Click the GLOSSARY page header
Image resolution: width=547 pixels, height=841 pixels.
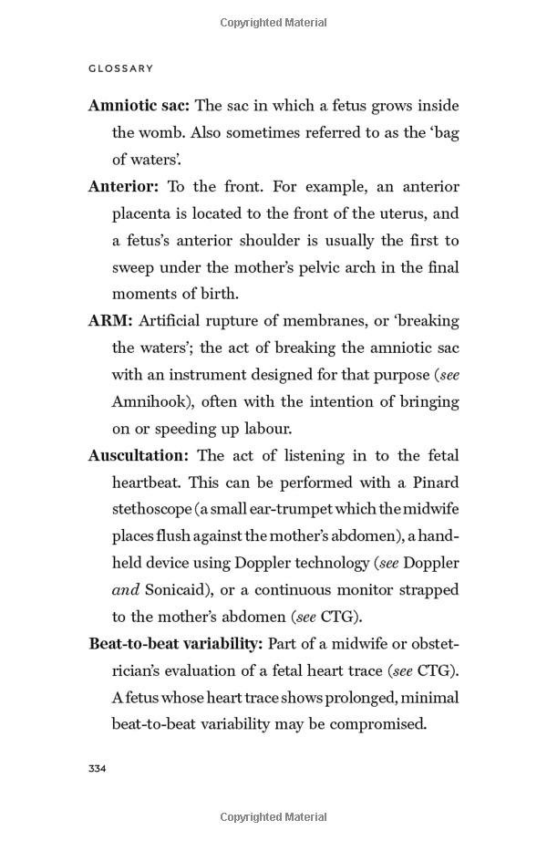click(x=121, y=68)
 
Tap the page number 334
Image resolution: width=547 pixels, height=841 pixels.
click(x=98, y=769)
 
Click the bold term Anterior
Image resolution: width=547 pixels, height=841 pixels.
click(x=123, y=187)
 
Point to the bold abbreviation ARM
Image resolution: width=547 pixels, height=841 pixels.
click(x=110, y=321)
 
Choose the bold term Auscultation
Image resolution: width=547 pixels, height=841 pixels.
click(x=138, y=456)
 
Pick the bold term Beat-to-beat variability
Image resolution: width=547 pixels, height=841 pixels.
click(x=175, y=644)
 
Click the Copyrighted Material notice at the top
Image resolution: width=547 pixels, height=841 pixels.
click(x=273, y=22)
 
